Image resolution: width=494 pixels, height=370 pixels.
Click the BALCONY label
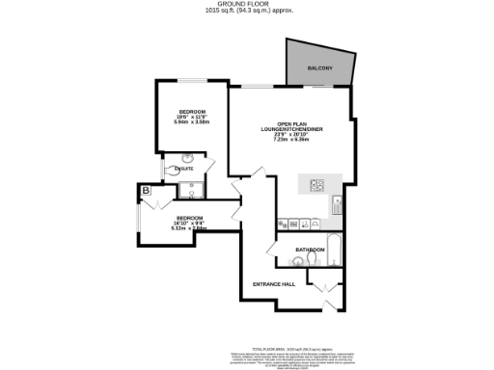(x=320, y=67)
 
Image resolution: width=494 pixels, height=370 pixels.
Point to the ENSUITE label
(x=183, y=170)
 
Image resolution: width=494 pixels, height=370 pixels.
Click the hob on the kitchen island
(x=317, y=185)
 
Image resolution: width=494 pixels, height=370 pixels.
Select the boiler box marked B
(x=146, y=191)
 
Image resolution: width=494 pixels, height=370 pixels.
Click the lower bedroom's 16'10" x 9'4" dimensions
(x=188, y=224)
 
